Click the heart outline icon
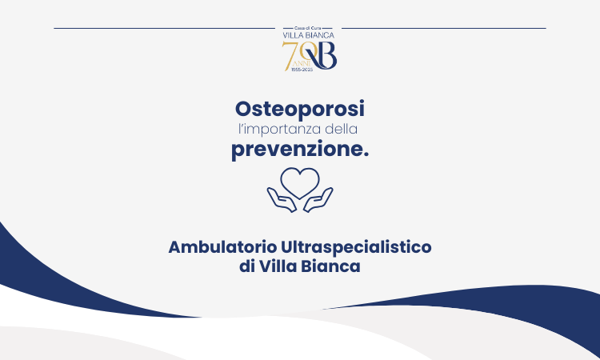[x=300, y=182]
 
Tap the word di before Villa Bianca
[x=247, y=267]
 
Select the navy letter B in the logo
[x=326, y=56]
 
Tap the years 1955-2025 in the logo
[x=300, y=70]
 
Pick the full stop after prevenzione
[x=366, y=154]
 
